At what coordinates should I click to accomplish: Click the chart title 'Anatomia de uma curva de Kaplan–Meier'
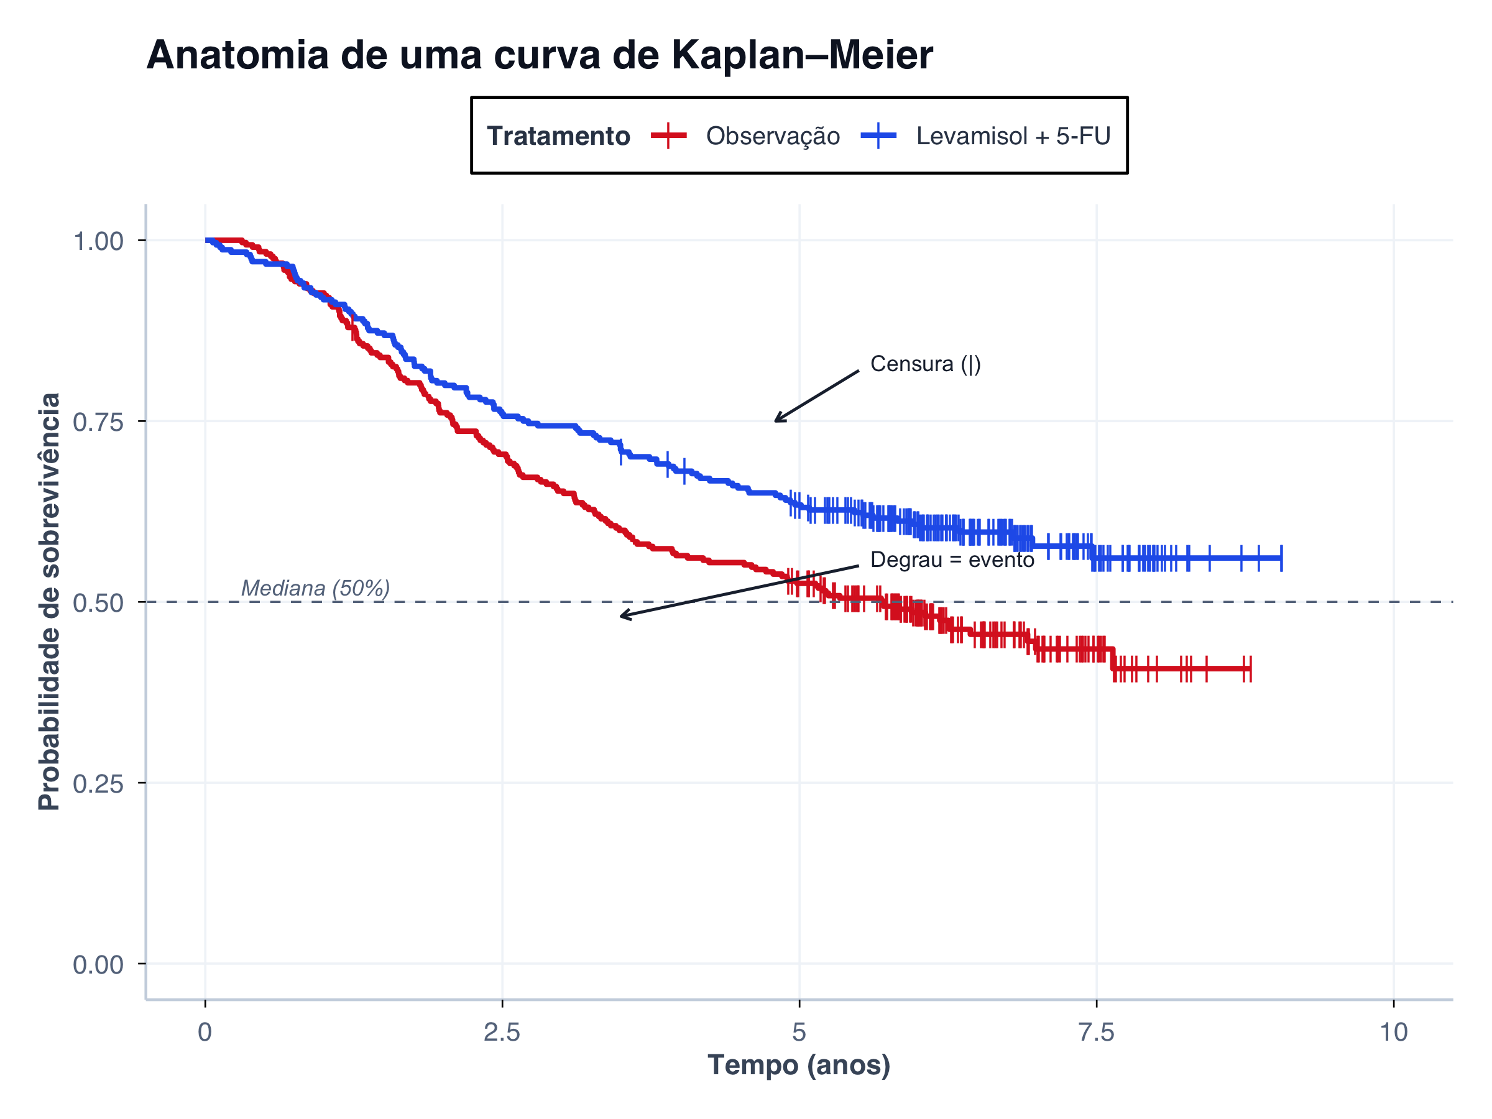(x=539, y=55)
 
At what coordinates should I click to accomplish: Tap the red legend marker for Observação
(x=668, y=136)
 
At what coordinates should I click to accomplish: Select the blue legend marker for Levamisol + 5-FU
(x=878, y=136)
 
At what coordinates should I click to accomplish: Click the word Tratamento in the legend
(x=558, y=136)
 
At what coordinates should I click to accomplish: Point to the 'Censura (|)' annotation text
(x=925, y=364)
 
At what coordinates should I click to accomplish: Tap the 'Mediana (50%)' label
(x=315, y=587)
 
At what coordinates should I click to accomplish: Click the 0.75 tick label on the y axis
(x=98, y=422)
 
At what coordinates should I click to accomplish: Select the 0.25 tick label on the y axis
(x=98, y=784)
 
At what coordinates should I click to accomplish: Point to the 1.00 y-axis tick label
(x=98, y=241)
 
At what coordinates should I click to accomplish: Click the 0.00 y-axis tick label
(x=98, y=965)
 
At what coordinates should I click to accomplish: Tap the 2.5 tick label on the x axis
(x=502, y=1032)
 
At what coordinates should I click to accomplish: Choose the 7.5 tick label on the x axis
(x=1096, y=1032)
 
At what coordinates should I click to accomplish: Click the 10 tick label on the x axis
(x=1393, y=1032)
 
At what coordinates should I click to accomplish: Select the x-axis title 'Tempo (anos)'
(x=799, y=1065)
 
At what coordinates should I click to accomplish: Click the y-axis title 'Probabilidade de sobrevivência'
(x=49, y=601)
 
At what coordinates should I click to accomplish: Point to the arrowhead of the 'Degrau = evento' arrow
(x=622, y=616)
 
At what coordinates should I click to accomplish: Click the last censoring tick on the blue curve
(x=1281, y=558)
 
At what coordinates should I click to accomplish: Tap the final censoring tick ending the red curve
(x=1250, y=668)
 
